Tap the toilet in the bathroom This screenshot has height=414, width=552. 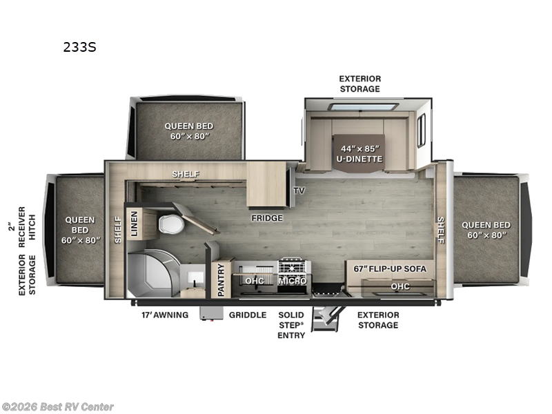pos(169,225)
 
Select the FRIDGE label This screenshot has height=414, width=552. pos(267,218)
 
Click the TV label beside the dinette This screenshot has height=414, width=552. pos(299,190)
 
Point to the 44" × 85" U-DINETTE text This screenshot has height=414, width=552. pos(359,152)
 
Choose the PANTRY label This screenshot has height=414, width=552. pos(221,279)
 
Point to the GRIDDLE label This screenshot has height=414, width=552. pos(247,315)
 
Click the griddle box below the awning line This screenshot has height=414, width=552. pos(208,313)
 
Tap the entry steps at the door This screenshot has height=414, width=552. pos(325,318)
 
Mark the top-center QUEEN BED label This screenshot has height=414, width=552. pos(188,130)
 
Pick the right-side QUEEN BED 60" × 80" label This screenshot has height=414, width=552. pos(486,229)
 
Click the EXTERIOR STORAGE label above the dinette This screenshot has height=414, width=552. pos(359,83)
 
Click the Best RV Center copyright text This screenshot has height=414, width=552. pos(58,407)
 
